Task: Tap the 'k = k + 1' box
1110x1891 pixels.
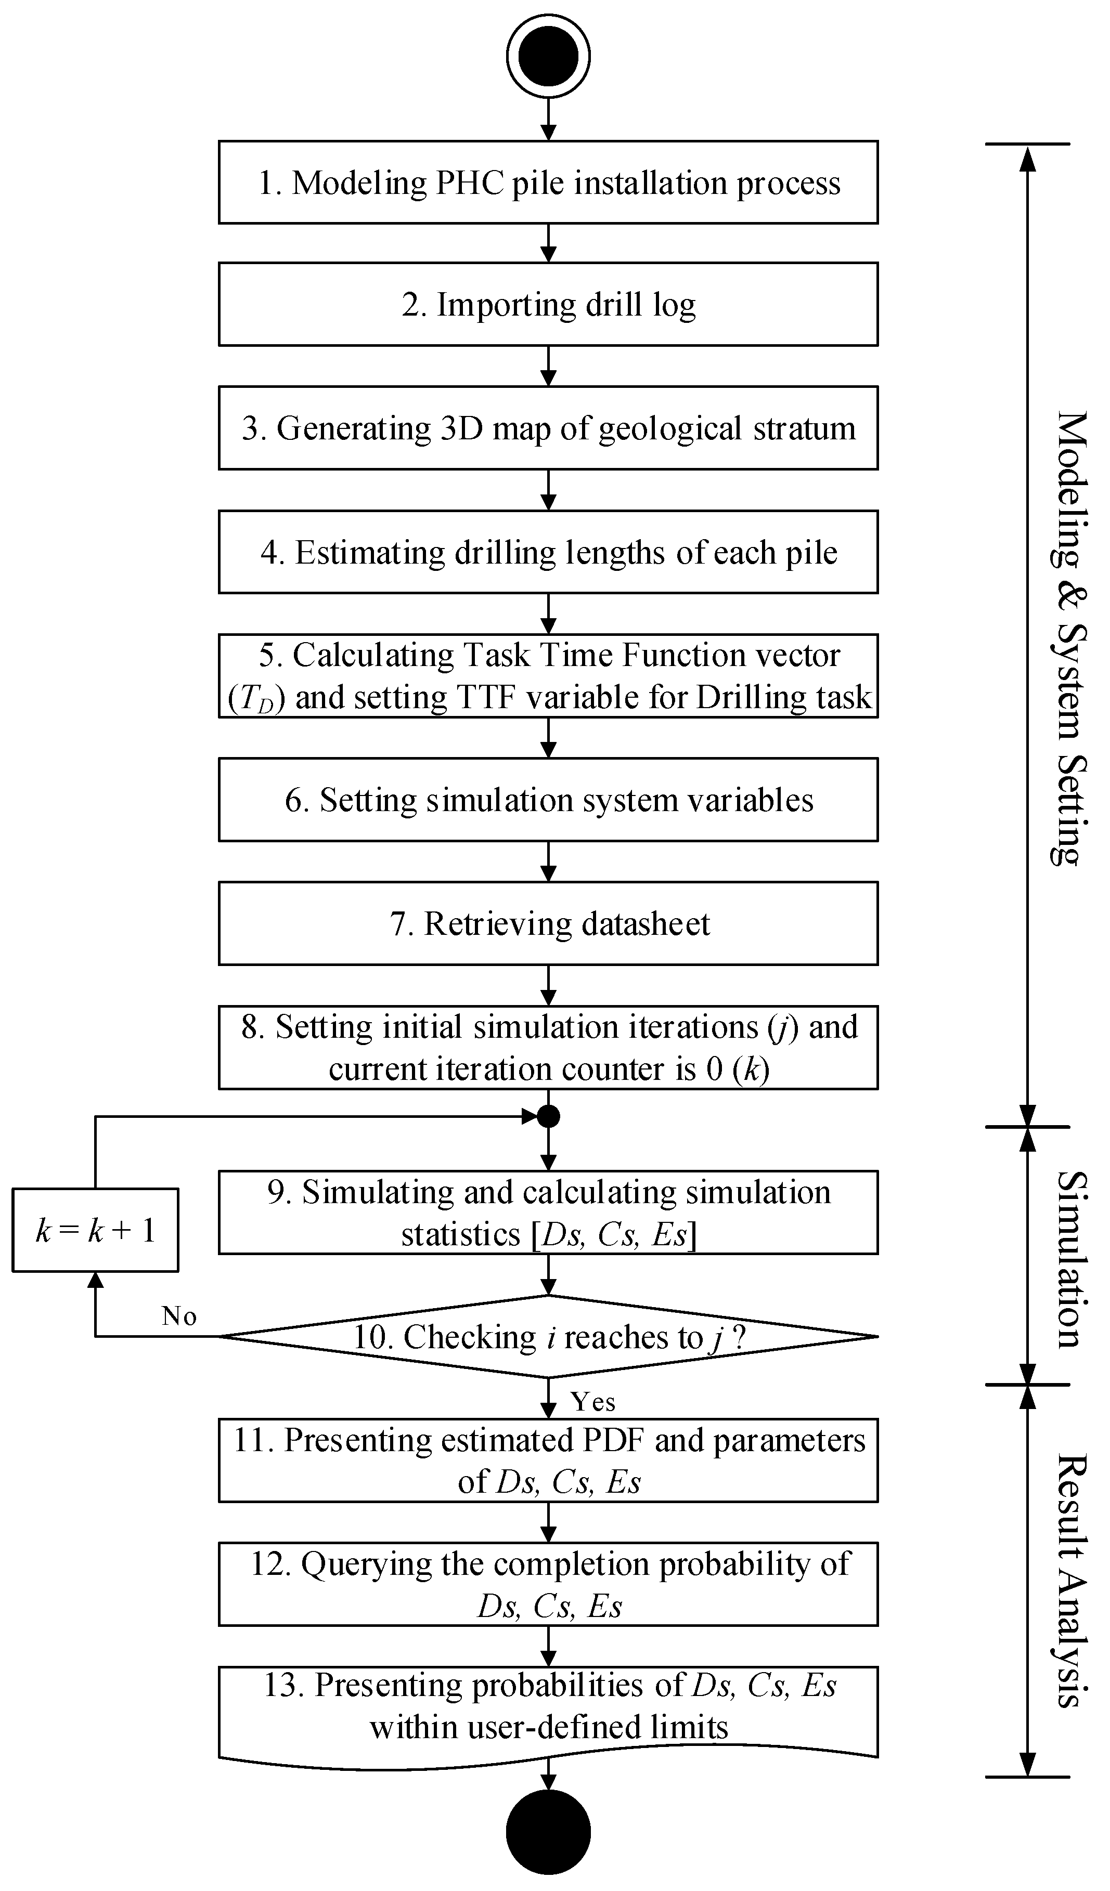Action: tap(95, 1231)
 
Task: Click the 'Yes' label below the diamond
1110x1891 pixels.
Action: tap(593, 1401)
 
